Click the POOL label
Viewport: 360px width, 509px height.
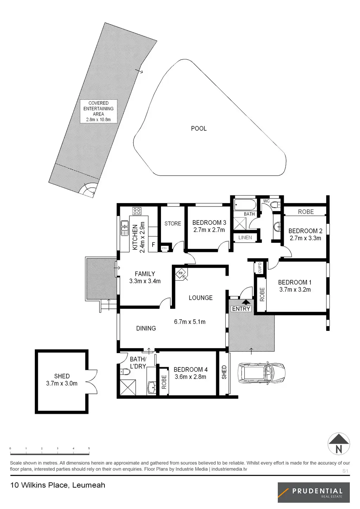(199, 129)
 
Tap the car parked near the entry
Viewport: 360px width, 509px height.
(262, 373)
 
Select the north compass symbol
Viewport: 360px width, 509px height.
(339, 444)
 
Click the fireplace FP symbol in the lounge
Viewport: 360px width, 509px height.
(181, 273)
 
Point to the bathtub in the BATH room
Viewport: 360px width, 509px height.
(245, 204)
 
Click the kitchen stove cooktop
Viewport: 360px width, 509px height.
(137, 211)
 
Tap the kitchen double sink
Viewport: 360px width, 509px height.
(124, 228)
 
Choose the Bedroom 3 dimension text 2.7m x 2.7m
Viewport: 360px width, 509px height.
(209, 230)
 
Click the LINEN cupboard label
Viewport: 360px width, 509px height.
(245, 237)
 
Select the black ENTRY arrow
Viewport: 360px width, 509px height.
(246, 301)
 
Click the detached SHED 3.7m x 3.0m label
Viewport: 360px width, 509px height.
(62, 380)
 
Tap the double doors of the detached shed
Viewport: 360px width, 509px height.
(92, 381)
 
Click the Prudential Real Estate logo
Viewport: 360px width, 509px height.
(314, 492)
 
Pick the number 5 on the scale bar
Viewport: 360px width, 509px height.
(89, 449)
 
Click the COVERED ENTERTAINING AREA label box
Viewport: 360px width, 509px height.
(98, 111)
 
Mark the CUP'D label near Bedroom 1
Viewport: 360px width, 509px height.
(260, 268)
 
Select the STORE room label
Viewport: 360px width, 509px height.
(173, 223)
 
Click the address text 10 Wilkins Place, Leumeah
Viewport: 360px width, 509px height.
(58, 485)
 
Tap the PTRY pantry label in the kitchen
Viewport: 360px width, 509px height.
(165, 248)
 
